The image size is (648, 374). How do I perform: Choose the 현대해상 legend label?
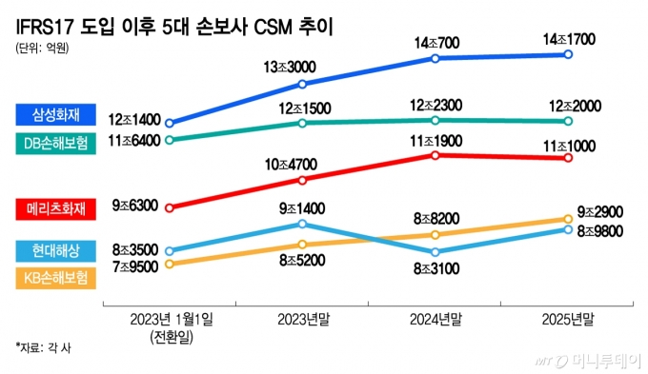click(x=53, y=250)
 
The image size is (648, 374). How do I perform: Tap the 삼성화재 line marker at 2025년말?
click(x=568, y=55)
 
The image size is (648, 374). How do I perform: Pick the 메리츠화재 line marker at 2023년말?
click(x=302, y=179)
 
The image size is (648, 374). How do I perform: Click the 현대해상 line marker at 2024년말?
click(x=435, y=252)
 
